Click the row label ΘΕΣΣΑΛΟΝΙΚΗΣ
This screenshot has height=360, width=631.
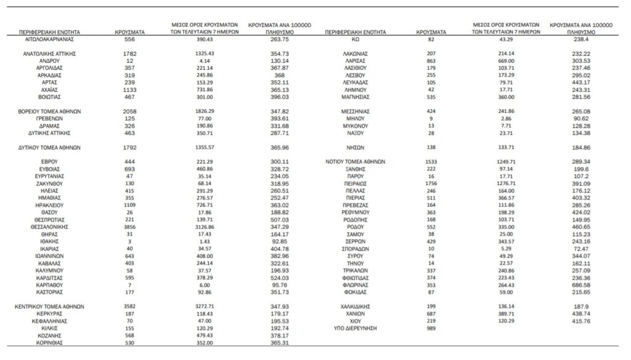(x=49, y=227)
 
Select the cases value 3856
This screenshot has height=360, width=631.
(x=126, y=227)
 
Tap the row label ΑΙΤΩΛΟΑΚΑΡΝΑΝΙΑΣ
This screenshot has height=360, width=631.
(x=49, y=38)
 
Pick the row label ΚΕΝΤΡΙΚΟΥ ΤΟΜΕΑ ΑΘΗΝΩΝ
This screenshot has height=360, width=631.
(x=49, y=306)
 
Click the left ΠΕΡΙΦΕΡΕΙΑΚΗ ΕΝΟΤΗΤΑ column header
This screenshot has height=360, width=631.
(x=49, y=30)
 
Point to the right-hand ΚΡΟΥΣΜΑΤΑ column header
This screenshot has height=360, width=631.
(x=431, y=30)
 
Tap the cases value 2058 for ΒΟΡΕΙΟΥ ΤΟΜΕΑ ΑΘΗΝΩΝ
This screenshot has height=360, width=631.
(x=126, y=111)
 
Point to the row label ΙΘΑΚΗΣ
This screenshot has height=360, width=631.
(x=49, y=242)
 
